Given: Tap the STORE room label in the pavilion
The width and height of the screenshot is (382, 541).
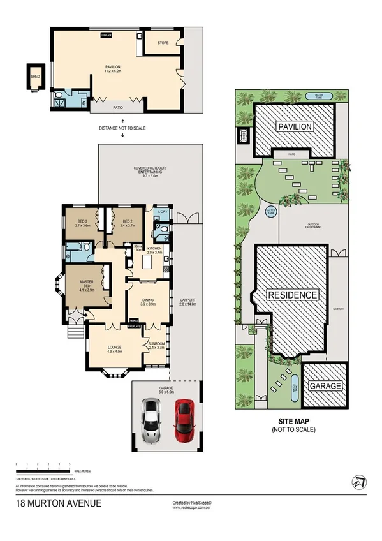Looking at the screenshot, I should coord(163,43).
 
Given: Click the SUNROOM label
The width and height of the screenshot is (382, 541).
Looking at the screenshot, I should coord(157,345).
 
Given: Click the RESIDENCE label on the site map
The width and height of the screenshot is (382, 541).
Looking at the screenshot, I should coord(293,295).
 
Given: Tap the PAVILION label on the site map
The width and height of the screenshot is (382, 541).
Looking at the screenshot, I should coord(295,127).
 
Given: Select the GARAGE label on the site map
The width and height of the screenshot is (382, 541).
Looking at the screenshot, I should coord(326,386).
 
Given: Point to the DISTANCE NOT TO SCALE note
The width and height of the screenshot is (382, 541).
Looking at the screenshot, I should coord(122,128).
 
